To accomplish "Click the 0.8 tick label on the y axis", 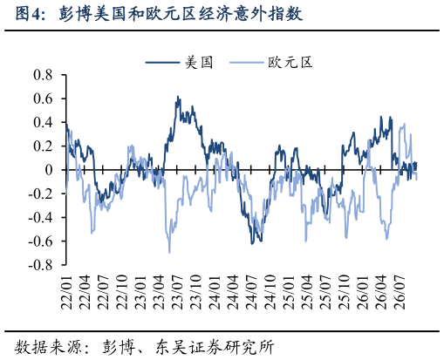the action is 43,75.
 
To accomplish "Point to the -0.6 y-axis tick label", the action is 40,241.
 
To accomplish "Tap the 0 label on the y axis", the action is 49,170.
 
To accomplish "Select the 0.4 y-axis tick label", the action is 43,122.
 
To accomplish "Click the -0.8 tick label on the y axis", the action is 40,265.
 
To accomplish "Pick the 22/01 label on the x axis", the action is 66,292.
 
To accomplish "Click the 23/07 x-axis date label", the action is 177,292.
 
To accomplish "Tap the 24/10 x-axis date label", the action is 270,292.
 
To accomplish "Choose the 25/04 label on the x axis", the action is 306,292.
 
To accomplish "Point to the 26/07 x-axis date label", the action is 399,292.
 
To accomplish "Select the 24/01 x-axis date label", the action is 214,292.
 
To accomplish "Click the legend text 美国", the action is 199,63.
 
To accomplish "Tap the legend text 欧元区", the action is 290,63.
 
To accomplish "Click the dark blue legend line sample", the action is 162,62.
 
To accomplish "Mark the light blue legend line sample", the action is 246,62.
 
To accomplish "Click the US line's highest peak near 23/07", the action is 178,97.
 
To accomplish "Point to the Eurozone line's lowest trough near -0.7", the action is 169,252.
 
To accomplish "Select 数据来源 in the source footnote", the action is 48,347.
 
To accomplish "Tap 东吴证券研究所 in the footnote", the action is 215,347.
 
